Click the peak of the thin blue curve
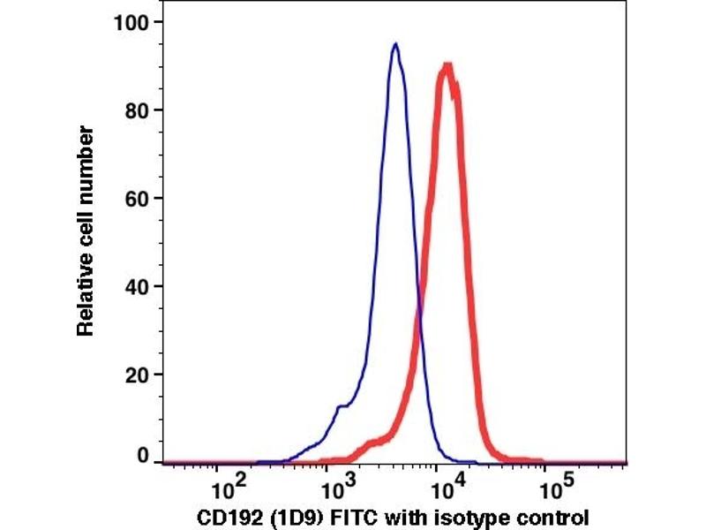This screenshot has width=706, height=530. [x=395, y=44]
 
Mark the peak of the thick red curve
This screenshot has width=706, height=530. [x=448, y=65]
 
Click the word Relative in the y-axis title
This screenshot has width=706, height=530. [x=86, y=299]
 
